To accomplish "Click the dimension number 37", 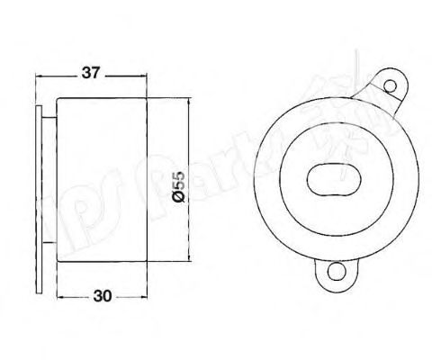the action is (x=90, y=73).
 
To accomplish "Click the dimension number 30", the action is (x=103, y=296).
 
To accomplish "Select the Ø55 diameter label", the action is (x=178, y=187).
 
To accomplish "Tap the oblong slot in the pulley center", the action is (x=334, y=179).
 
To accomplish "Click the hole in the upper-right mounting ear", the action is (x=390, y=86).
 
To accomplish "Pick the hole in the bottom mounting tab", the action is (x=336, y=272).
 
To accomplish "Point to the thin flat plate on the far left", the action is (x=39, y=199).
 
